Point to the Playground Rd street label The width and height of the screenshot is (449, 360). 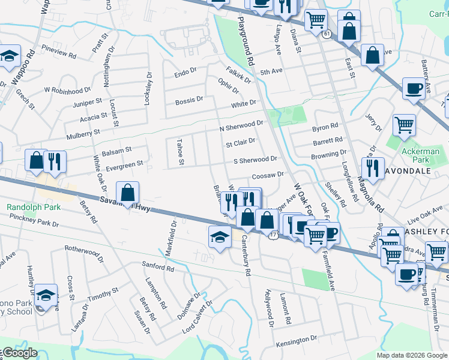(x=246, y=40)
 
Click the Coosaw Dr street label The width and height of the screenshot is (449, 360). (x=267, y=175)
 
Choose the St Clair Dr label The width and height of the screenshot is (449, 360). (x=240, y=143)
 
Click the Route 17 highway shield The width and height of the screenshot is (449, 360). (x=274, y=235)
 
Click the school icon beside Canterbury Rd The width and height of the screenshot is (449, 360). (x=220, y=236)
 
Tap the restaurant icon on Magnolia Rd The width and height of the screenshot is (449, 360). (x=374, y=167)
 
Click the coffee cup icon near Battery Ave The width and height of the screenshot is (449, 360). (x=414, y=89)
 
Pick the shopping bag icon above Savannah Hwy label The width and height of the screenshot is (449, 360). (x=128, y=193)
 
